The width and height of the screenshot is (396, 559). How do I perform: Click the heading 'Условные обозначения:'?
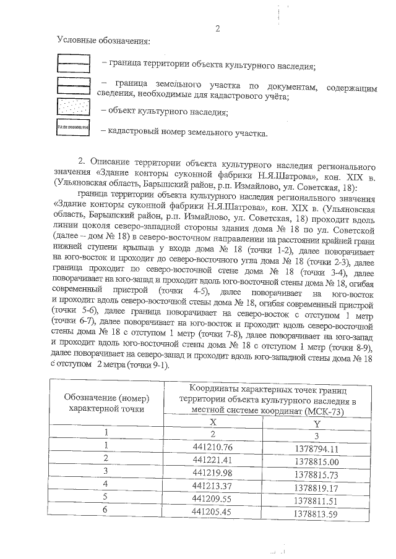click(x=103, y=41)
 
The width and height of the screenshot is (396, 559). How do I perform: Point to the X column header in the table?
click(x=213, y=422)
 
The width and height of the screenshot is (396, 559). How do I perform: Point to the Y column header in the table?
click(x=316, y=424)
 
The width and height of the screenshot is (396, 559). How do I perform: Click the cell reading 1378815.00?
click(x=316, y=461)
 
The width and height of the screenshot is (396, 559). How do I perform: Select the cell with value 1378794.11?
click(x=316, y=448)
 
